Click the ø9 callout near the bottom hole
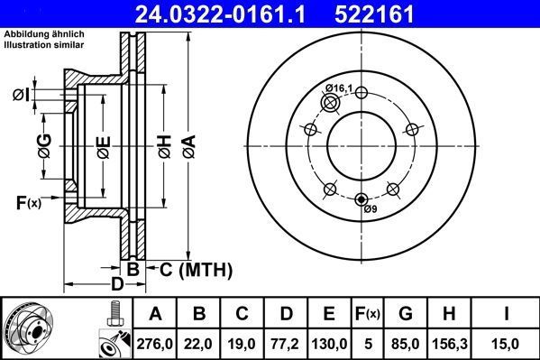pyautogui.click(x=369, y=209)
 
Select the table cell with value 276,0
pyautogui.click(x=155, y=343)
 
